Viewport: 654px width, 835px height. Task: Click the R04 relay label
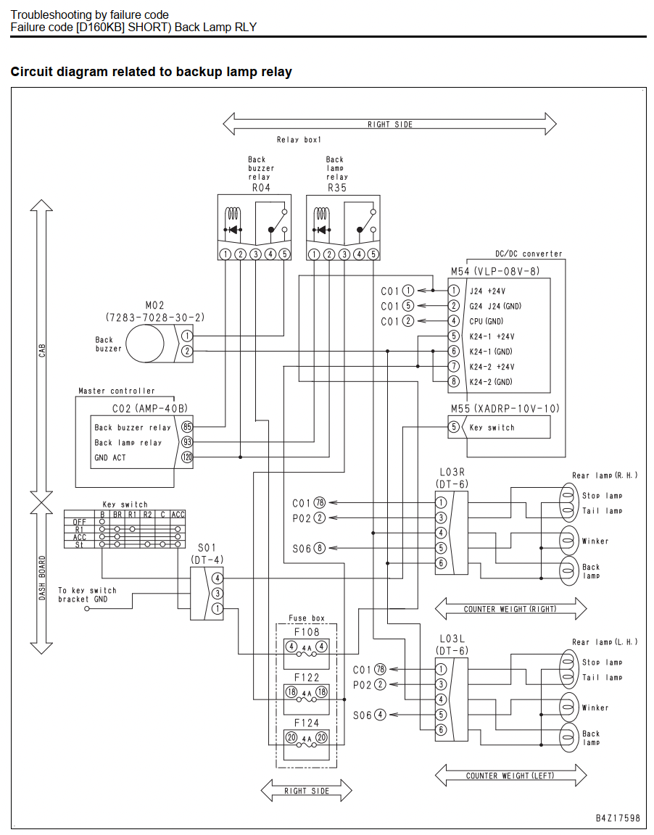261,188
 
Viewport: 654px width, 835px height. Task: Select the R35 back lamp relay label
337,188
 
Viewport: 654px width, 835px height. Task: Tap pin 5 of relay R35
373,254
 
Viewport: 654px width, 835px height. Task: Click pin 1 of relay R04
225,254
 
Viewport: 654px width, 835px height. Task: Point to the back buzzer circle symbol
145,343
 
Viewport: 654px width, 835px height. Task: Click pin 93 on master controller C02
187,442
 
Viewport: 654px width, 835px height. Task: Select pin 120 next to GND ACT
187,457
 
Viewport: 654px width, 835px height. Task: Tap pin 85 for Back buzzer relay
187,426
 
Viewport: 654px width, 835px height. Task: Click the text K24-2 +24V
492,366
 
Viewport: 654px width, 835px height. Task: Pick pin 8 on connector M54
454,381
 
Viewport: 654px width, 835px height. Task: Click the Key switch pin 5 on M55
454,427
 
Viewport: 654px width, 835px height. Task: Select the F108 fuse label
307,632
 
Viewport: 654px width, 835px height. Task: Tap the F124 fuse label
307,723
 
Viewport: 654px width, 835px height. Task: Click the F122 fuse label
307,678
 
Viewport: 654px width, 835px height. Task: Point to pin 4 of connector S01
217,578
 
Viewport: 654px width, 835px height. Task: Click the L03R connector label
452,473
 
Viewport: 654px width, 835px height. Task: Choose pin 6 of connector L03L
441,730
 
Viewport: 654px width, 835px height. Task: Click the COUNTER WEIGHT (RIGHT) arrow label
510,609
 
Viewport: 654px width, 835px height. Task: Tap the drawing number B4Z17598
618,818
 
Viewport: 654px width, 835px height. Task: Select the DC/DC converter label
529,254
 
